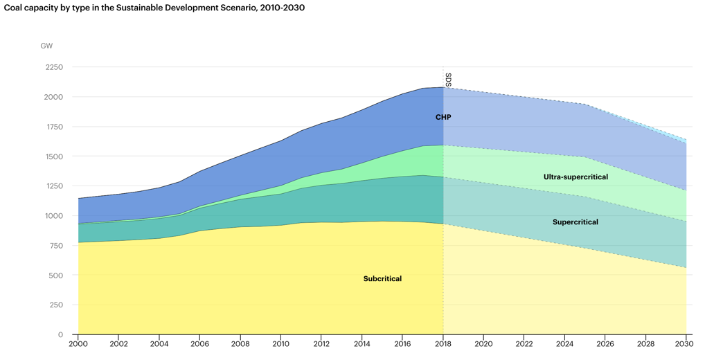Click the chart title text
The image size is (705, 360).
[154, 8]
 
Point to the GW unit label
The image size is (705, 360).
[46, 46]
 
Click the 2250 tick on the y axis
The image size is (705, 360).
[53, 68]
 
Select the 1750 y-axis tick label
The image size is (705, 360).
[53, 127]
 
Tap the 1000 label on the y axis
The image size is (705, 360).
[53, 216]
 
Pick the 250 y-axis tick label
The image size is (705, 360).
[55, 305]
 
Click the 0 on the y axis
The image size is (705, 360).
[60, 335]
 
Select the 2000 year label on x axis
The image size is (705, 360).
[78, 344]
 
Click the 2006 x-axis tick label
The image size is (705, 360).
[200, 344]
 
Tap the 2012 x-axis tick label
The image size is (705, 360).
[321, 344]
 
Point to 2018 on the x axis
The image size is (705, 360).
[443, 344]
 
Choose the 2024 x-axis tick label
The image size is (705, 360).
[564, 344]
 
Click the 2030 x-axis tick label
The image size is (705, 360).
[686, 344]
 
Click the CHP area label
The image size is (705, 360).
[443, 118]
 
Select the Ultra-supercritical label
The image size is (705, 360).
[575, 177]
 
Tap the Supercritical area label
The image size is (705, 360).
[575, 222]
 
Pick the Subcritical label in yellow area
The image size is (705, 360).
[382, 279]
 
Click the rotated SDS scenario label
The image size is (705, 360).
[449, 80]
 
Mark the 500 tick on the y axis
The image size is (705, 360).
[55, 276]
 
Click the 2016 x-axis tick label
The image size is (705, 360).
[402, 344]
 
